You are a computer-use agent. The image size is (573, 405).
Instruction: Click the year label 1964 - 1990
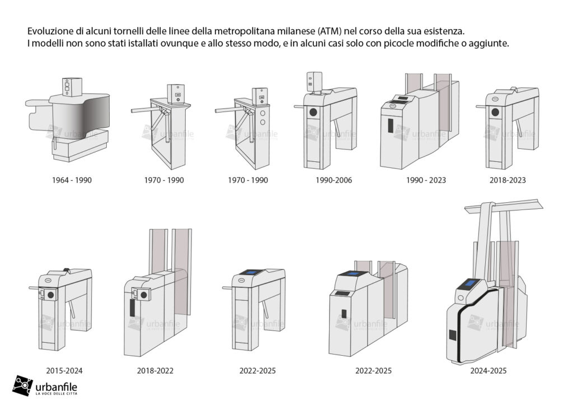[72, 180]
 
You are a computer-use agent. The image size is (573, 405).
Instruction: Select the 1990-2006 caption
[334, 180]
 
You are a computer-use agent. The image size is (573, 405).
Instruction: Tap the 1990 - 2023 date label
[426, 180]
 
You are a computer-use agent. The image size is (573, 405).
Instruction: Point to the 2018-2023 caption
[508, 180]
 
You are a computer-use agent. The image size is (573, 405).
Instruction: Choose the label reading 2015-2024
[64, 371]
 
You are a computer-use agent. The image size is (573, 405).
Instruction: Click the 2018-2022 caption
[156, 371]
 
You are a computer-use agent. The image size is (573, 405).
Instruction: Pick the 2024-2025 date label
[489, 371]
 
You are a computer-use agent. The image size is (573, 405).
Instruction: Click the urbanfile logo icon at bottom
[22, 385]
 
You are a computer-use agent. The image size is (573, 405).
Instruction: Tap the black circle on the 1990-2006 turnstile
[313, 112]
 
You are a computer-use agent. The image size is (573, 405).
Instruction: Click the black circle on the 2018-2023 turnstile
[495, 112]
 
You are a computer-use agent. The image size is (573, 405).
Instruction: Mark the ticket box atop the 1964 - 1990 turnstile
[72, 87]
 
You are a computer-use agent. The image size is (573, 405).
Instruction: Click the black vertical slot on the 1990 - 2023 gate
[390, 125]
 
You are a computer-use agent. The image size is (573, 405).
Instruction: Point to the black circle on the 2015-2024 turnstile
[51, 295]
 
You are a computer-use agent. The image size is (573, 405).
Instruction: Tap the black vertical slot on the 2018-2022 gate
[132, 308]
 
